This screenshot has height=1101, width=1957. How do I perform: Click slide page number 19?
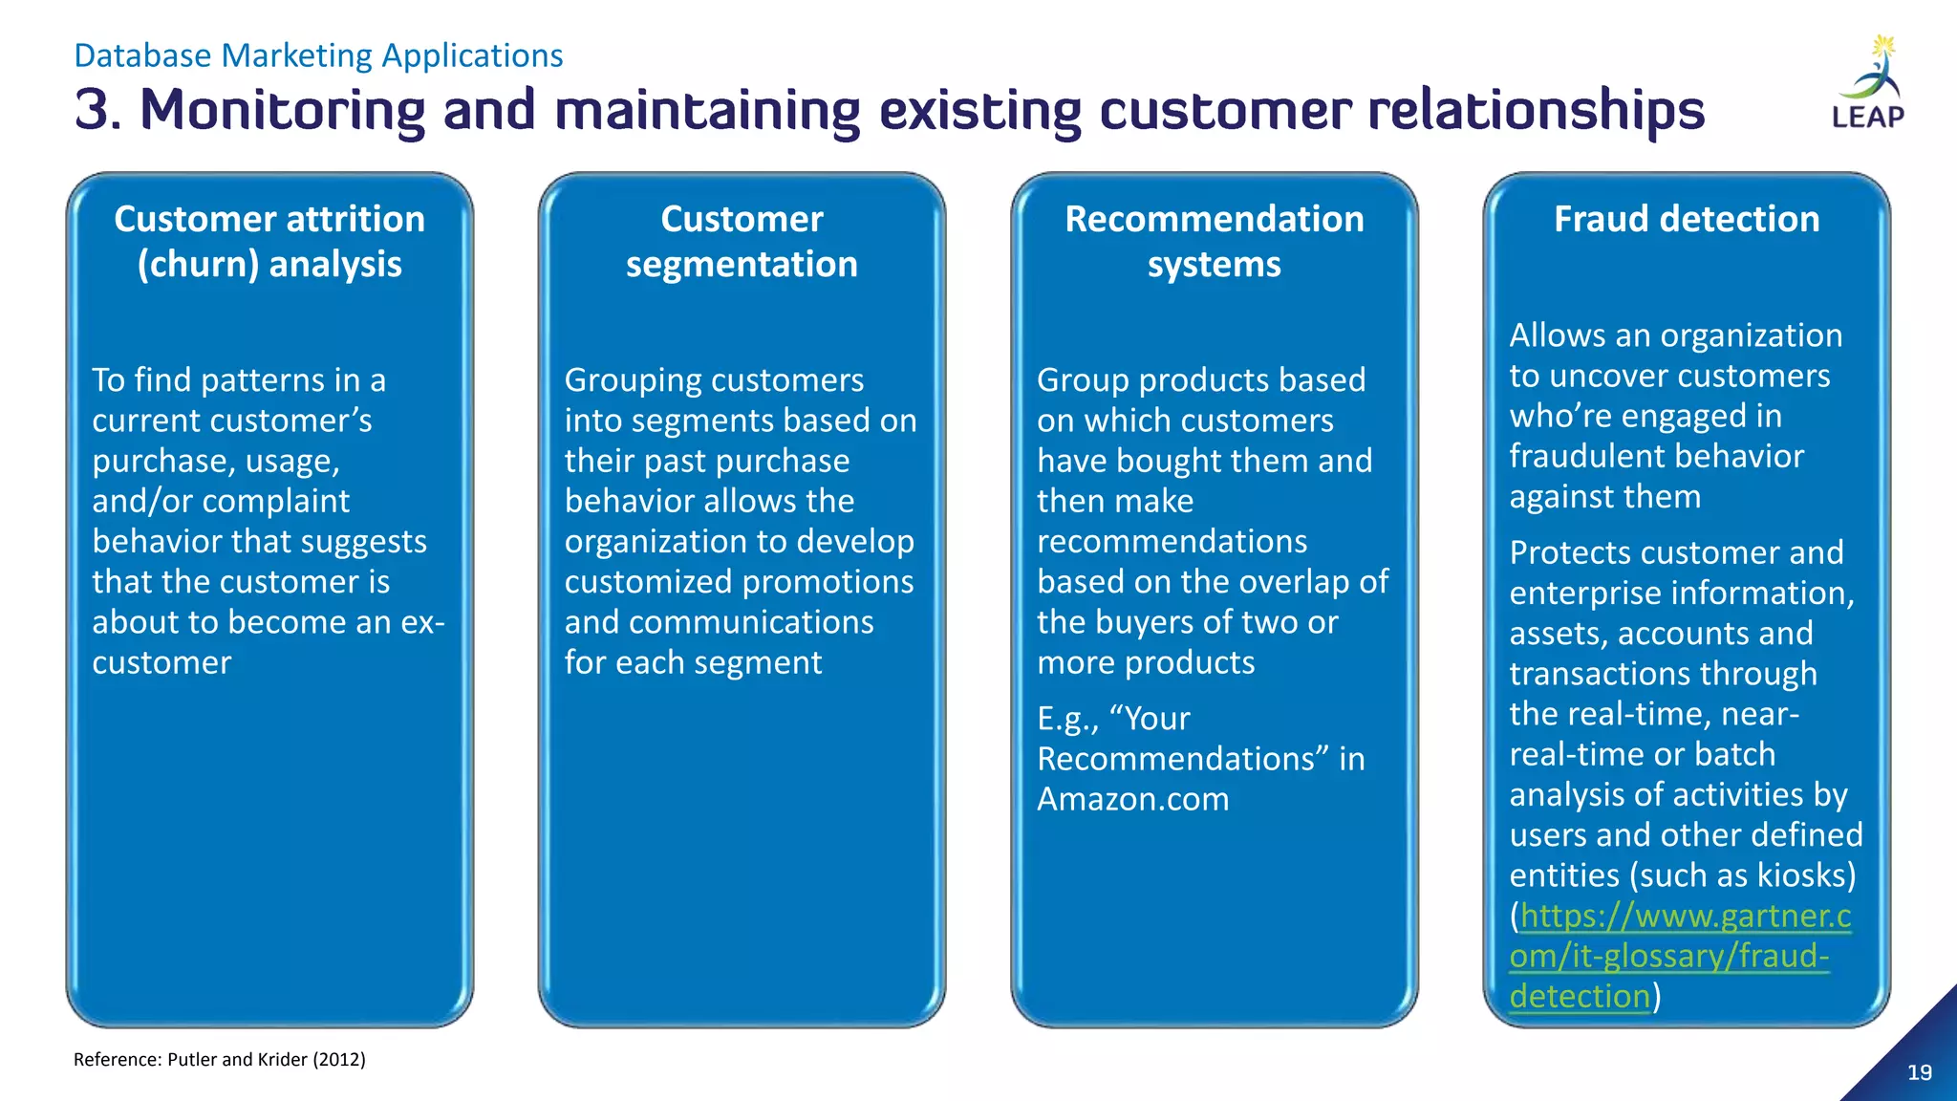(x=1920, y=1072)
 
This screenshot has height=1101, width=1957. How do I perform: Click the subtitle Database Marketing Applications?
(x=318, y=55)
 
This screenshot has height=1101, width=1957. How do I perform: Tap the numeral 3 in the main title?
(x=94, y=109)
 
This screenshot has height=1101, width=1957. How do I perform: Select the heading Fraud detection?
(x=1687, y=219)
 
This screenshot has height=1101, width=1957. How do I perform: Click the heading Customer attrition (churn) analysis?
(x=269, y=241)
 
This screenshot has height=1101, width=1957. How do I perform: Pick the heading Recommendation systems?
(x=1214, y=241)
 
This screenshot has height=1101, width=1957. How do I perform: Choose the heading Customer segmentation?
(x=742, y=241)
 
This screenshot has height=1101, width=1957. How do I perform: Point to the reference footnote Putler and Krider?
(x=220, y=1059)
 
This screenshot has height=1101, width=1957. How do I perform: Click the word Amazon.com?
(x=1133, y=799)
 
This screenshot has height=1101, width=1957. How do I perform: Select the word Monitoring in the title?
(x=282, y=109)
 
